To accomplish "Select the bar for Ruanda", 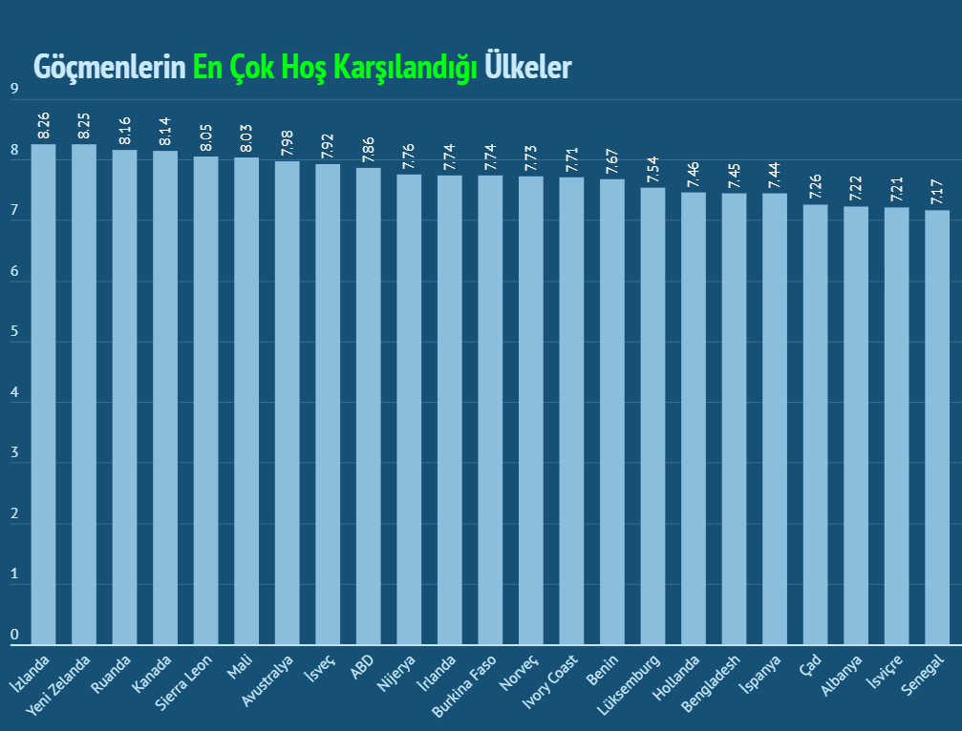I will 125,397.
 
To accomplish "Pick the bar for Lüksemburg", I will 652,416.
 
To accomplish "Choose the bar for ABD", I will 369,406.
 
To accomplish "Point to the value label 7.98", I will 288,143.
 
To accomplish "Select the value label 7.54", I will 652,170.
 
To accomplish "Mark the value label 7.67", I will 612,161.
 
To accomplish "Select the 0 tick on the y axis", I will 14,635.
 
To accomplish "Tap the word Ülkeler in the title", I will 528,67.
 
